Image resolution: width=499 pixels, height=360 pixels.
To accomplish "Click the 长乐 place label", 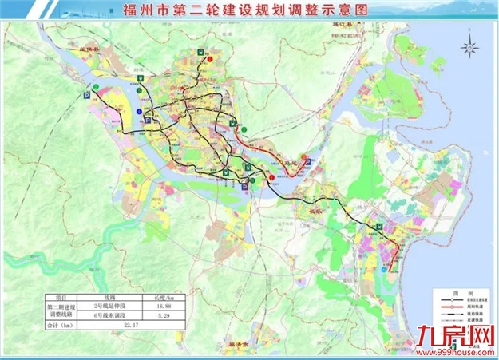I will point(306,212).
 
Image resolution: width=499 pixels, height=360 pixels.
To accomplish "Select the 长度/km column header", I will point(164,298).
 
